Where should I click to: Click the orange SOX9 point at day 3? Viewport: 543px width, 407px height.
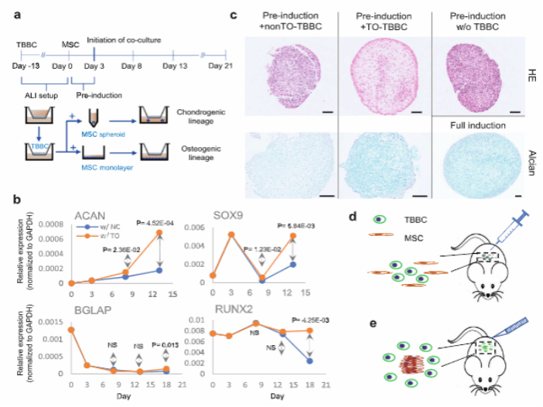(231, 234)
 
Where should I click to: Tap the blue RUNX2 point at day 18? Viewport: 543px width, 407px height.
(309, 361)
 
